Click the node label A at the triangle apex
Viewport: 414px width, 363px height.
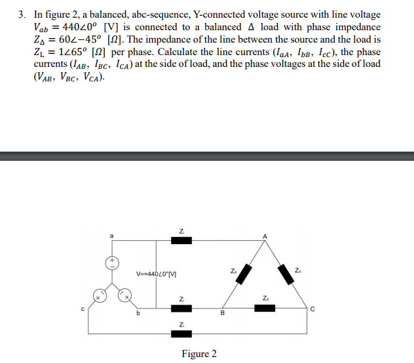click(x=265, y=236)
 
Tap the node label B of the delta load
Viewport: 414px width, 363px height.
click(x=223, y=313)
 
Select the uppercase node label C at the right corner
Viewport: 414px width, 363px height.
click(x=312, y=309)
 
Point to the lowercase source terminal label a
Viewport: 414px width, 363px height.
click(x=111, y=236)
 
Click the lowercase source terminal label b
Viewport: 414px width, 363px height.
click(x=138, y=313)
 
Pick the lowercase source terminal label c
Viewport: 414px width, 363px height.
click(x=83, y=309)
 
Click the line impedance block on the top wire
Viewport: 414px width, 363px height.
click(x=181, y=240)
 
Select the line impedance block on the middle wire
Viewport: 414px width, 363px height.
click(x=181, y=309)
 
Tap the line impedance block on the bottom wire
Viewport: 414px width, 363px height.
click(x=181, y=334)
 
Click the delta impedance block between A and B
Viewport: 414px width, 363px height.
click(x=244, y=274)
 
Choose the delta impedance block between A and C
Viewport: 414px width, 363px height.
click(x=286, y=274)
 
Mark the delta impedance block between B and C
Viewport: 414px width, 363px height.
click(x=265, y=309)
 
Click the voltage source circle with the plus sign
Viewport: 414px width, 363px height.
click(x=112, y=263)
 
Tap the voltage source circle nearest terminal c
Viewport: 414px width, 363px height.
click(x=100, y=295)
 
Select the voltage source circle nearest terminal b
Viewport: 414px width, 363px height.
click(x=124, y=295)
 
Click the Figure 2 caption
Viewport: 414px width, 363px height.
click(x=199, y=354)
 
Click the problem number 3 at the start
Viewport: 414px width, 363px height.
click(x=22, y=14)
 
